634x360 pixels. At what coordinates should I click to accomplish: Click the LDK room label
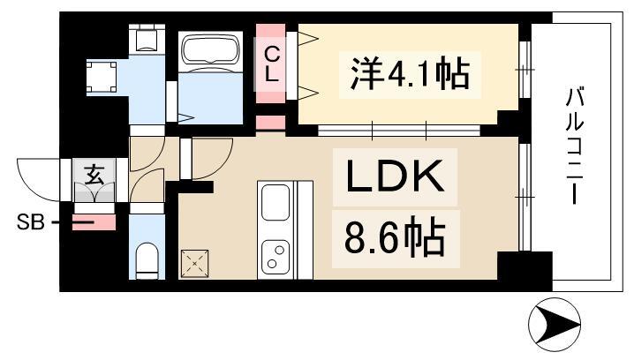(395, 176)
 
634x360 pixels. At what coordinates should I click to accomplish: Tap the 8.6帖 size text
(395, 238)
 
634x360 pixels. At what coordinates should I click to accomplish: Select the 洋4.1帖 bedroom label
(410, 74)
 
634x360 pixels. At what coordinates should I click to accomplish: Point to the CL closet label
(272, 64)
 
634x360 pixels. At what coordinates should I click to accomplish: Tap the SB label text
(30, 222)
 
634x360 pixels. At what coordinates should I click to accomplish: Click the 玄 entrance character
(94, 175)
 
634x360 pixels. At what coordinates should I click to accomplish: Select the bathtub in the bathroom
(210, 52)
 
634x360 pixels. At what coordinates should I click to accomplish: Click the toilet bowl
(147, 259)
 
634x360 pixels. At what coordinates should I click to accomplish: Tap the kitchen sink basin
(275, 201)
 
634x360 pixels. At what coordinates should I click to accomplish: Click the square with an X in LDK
(194, 264)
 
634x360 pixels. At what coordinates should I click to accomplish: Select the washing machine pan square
(101, 77)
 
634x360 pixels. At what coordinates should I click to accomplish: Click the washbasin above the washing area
(147, 39)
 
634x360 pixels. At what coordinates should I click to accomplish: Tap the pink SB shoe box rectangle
(94, 222)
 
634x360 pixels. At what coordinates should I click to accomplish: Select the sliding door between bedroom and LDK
(398, 130)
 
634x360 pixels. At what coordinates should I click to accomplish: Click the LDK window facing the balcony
(525, 197)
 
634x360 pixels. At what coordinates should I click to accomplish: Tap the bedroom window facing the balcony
(525, 70)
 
